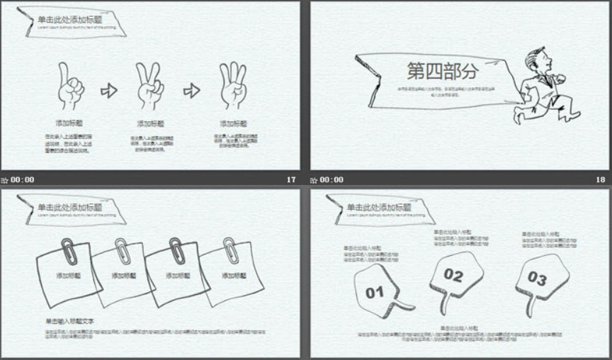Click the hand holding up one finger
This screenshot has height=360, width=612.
(x=69, y=87)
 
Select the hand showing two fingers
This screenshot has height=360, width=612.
(x=149, y=87)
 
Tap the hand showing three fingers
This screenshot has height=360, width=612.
(x=233, y=87)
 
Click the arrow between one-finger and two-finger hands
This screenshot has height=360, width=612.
(x=108, y=90)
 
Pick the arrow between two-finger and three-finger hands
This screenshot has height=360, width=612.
(x=191, y=90)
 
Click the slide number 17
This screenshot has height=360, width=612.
(x=290, y=180)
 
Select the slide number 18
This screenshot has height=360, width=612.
(x=601, y=180)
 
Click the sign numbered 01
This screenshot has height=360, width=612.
(x=375, y=291)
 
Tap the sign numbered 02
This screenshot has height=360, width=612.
(x=454, y=275)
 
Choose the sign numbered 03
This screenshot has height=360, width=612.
(x=538, y=279)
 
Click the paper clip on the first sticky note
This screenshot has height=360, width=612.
(x=69, y=250)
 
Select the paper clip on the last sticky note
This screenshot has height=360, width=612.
(x=231, y=249)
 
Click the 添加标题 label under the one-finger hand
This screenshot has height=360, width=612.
(x=69, y=123)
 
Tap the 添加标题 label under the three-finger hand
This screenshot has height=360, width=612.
(x=233, y=123)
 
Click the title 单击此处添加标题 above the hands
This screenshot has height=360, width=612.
(x=69, y=19)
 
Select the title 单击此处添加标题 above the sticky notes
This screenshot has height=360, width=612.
(x=69, y=207)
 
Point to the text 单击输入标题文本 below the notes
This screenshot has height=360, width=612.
(x=70, y=321)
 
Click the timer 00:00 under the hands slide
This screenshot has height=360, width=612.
(x=22, y=180)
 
